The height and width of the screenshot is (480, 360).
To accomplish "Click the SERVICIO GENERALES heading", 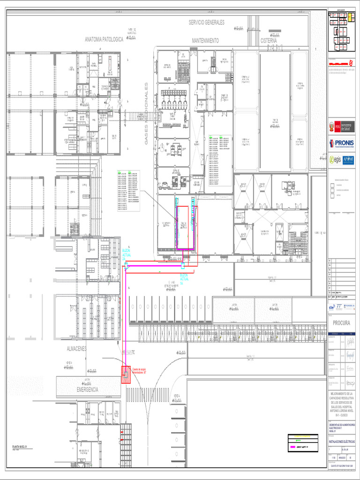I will click(207, 22).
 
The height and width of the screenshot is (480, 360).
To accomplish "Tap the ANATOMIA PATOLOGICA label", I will click(104, 40).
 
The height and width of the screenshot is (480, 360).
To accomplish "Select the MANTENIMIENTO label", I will click(205, 41).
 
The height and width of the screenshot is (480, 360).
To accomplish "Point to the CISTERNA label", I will click(269, 41).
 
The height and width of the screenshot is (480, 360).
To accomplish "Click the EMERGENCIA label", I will click(88, 390).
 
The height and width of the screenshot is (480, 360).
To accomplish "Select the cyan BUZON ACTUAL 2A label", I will click(126, 255).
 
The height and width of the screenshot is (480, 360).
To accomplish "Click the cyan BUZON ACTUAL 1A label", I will click(184, 279).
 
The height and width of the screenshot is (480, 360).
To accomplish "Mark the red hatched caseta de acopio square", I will click(126, 375).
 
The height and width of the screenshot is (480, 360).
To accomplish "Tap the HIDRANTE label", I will click(129, 352).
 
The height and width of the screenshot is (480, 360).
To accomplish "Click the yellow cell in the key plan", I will click(349, 17).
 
